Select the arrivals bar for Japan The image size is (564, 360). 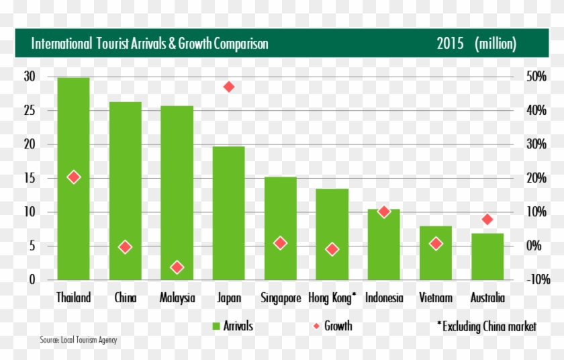tap(228, 215)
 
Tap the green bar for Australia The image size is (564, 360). tap(487, 259)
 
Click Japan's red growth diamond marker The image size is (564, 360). tap(228, 87)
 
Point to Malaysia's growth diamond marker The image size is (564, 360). tap(177, 267)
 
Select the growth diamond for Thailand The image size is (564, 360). tap(73, 177)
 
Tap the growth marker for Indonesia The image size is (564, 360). tap(383, 212)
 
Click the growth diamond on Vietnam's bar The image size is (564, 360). tap(436, 244)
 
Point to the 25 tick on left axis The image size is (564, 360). tap(30, 111)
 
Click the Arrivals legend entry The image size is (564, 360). tap(232, 326)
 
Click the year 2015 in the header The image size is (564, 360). tap(449, 44)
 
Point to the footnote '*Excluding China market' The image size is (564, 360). tap(487, 326)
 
